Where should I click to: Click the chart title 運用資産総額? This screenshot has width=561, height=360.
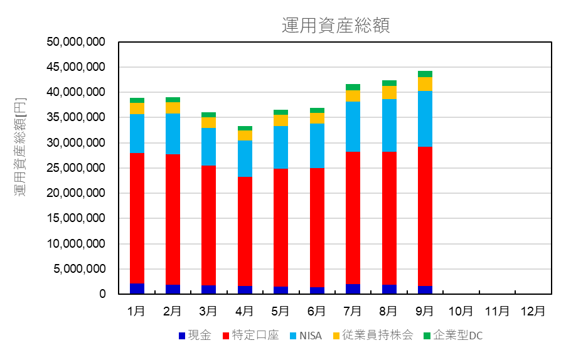coord(336,25)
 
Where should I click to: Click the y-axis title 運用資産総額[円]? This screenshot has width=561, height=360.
coord(21,147)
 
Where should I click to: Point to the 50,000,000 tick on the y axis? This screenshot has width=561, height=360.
coord(76,42)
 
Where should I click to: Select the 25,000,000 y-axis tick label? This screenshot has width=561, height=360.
coord(76,168)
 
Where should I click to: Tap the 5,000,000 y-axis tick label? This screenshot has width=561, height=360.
coord(79,269)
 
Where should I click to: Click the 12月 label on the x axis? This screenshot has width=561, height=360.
coord(533,310)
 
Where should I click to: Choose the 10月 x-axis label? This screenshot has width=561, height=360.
coord(461,310)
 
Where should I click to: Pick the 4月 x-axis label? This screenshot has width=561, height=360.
coord(244,310)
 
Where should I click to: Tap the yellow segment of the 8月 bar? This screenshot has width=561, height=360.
coord(388,92)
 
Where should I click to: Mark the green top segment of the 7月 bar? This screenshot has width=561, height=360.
coord(353,87)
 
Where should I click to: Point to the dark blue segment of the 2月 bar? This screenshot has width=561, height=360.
coord(173,289)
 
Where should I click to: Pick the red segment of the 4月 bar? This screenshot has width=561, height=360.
coord(245,231)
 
